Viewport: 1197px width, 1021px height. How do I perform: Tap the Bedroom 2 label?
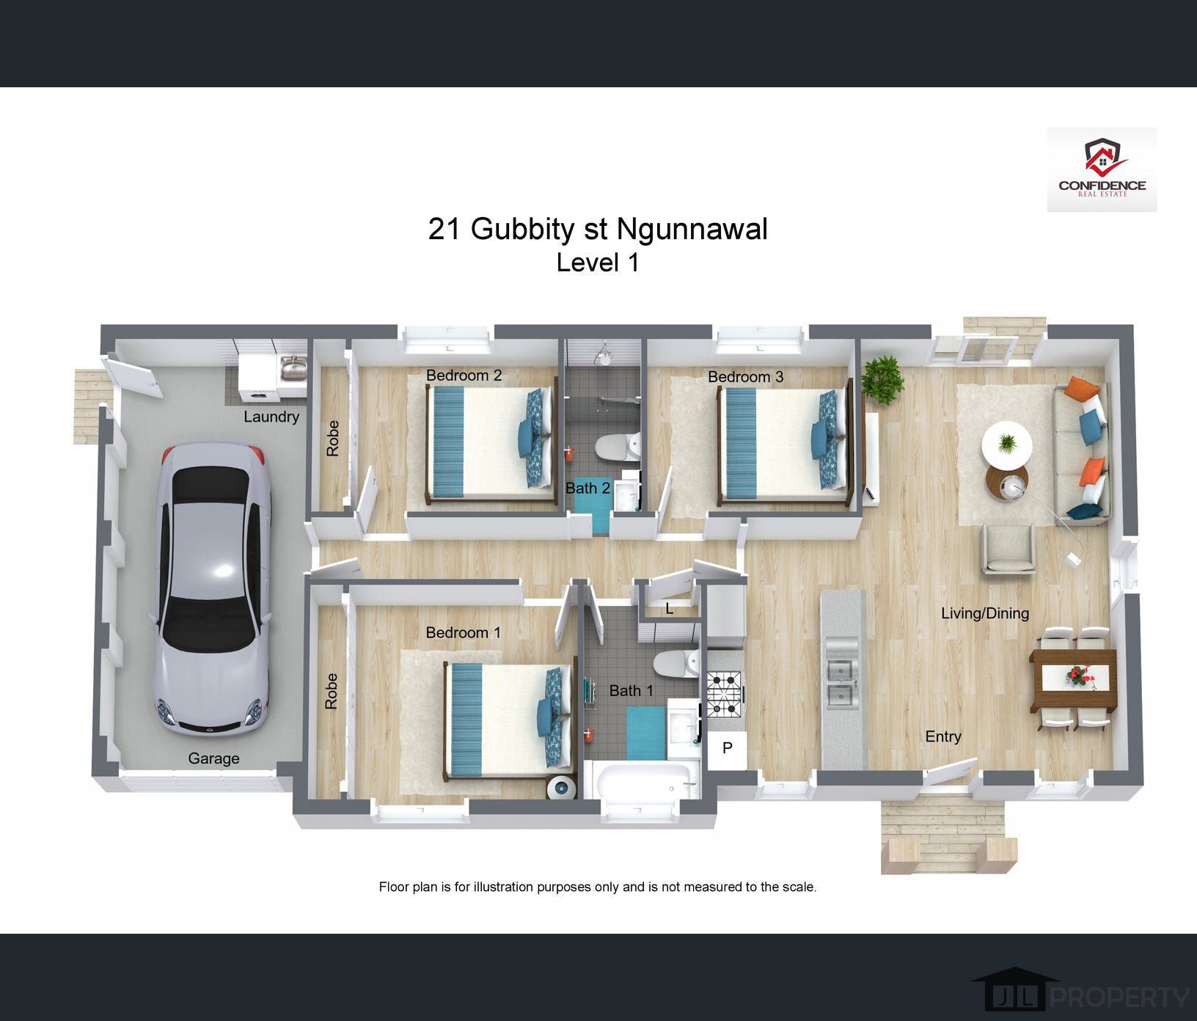pos(464,376)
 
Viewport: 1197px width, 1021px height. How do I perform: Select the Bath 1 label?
pos(631,690)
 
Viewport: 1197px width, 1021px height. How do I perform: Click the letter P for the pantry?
pos(728,748)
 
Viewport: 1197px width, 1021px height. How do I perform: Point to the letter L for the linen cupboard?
pos(669,609)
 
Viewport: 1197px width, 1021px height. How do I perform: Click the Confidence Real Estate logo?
pos(1102,169)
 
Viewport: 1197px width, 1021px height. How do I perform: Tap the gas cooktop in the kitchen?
pos(725,694)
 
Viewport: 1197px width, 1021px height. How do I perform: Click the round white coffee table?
pos(1007,444)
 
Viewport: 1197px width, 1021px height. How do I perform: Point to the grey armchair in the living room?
pos(1009,549)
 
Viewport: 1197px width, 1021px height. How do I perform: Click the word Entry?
pos(943,736)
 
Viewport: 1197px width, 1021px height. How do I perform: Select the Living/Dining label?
pos(985,613)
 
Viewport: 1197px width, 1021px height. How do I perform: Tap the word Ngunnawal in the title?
pos(692,230)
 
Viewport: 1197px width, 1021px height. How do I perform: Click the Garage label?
pos(213,758)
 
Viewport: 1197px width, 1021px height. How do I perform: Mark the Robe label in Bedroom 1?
pos(332,691)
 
